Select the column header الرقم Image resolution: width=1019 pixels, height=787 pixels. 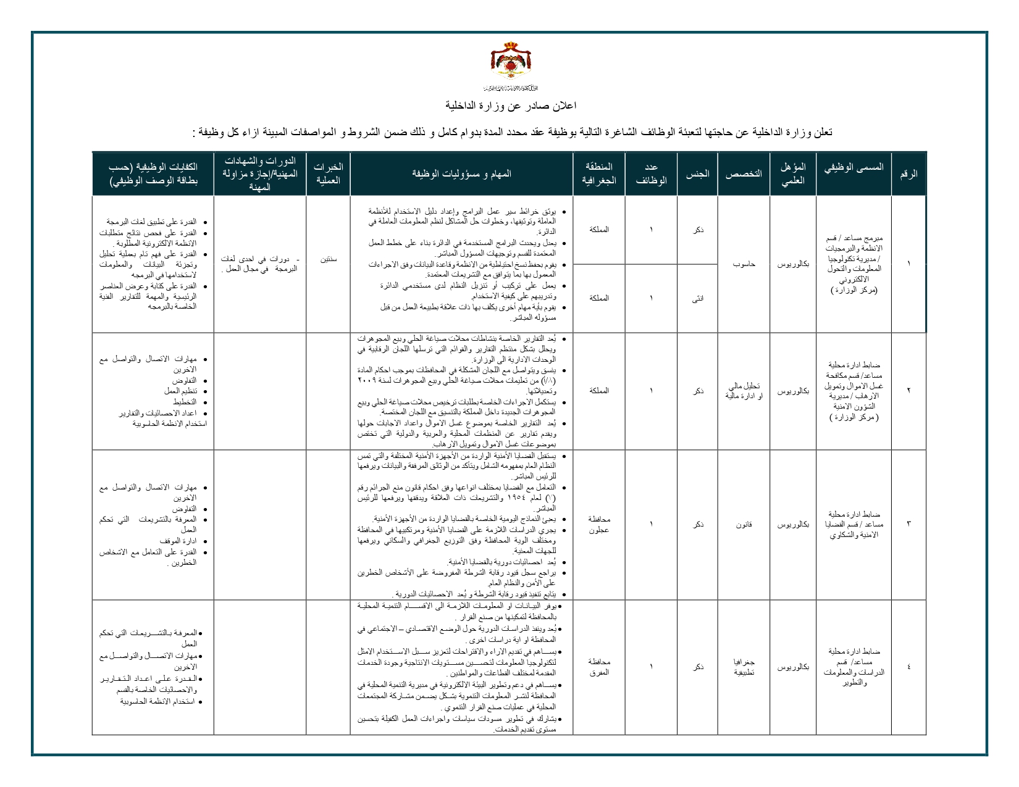(x=908, y=173)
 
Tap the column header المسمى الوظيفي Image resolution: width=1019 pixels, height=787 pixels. (x=853, y=167)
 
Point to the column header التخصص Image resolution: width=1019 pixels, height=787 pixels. (x=744, y=173)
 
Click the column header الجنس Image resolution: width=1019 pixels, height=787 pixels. (x=697, y=173)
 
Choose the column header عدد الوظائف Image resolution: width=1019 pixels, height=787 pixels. (x=651, y=173)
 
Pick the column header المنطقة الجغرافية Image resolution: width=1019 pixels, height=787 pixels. (x=599, y=173)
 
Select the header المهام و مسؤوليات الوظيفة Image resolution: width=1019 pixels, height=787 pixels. (x=461, y=173)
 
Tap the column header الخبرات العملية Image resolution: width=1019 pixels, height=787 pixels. (x=328, y=173)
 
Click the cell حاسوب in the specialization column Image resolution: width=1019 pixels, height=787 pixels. (x=744, y=264)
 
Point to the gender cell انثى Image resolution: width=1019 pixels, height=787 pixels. (x=697, y=299)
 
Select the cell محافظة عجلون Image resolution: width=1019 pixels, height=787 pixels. (x=599, y=524)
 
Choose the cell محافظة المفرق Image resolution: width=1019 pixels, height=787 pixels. (x=599, y=667)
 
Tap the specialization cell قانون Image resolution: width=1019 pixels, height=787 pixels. (x=744, y=524)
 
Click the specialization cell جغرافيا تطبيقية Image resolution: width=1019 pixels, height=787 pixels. (x=744, y=667)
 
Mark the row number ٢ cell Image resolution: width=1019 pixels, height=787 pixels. (x=908, y=391)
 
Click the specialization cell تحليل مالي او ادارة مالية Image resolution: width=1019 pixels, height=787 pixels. (x=744, y=391)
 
